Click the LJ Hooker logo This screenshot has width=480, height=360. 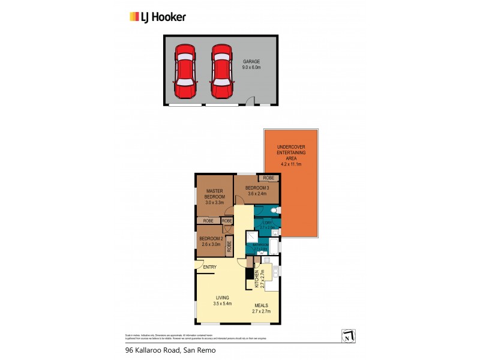tap(158, 17)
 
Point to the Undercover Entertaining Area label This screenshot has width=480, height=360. tap(290, 154)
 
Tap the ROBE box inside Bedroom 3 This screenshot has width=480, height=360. tap(268, 178)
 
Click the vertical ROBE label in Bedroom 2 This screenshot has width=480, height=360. tap(229, 247)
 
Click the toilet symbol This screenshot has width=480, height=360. tap(275, 210)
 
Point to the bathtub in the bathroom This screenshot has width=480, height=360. tap(274, 247)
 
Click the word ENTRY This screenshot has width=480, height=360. tap(210, 267)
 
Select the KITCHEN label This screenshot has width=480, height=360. tap(257, 278)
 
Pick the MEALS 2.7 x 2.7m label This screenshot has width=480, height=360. tap(261, 308)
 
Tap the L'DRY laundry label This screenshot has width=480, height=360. tap(266, 224)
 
